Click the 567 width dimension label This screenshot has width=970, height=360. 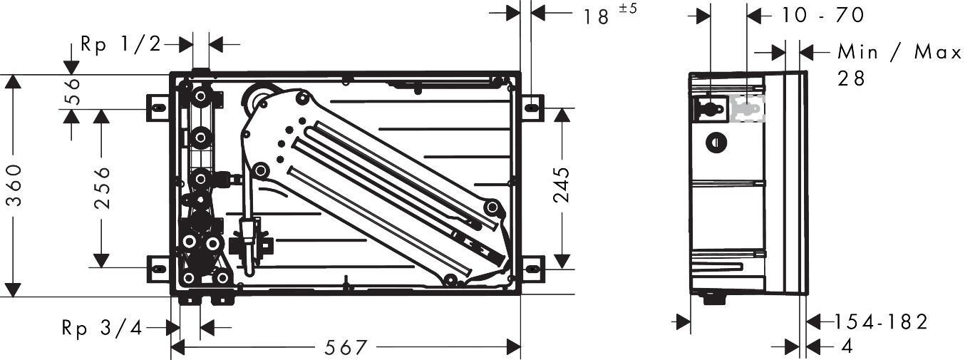[346, 347]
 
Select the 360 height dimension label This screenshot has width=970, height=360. [16, 185]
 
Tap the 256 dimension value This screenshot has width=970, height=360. [103, 188]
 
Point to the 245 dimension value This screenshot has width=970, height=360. [562, 185]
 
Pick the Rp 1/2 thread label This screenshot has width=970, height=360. [121, 45]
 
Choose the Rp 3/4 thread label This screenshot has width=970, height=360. [102, 328]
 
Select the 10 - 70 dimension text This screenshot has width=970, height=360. [822, 16]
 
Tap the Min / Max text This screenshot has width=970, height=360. [899, 53]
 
